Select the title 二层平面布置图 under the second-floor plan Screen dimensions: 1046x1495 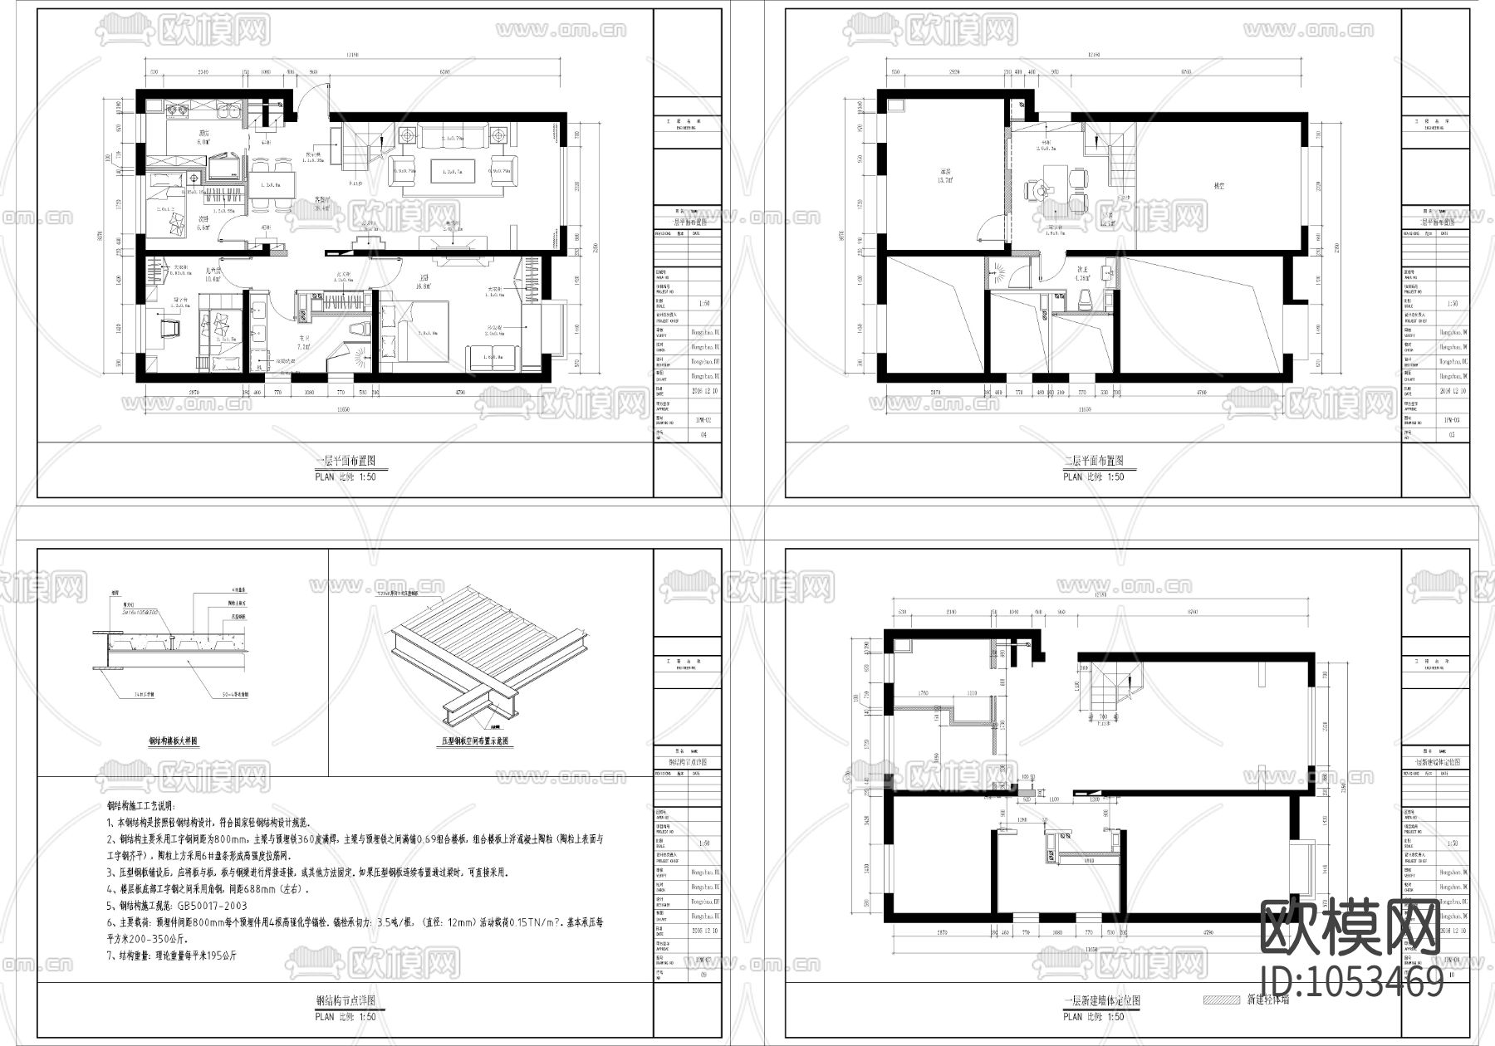pyautogui.click(x=1093, y=462)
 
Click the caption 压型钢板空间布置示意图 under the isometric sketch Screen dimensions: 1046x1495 pyautogui.click(x=473, y=742)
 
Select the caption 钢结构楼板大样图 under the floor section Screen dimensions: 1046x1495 pyautogui.click(x=174, y=742)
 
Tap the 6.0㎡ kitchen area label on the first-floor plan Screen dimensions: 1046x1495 pyautogui.click(x=202, y=142)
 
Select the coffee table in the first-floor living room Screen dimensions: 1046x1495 pyautogui.click(x=452, y=172)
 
